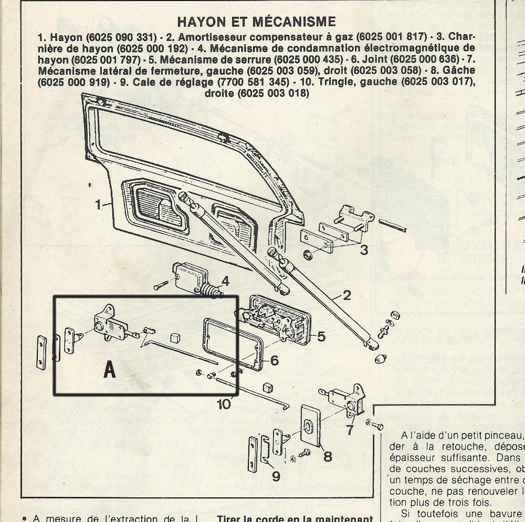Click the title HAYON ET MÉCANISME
tap(256, 22)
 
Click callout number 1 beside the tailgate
tap(99, 205)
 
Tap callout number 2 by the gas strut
tap(346, 295)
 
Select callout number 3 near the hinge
tap(364, 250)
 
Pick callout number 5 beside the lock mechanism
tap(321, 336)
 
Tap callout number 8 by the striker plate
tap(328, 456)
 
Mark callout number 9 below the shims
tap(276, 476)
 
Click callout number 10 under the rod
tap(224, 403)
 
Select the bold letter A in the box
tap(109, 370)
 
